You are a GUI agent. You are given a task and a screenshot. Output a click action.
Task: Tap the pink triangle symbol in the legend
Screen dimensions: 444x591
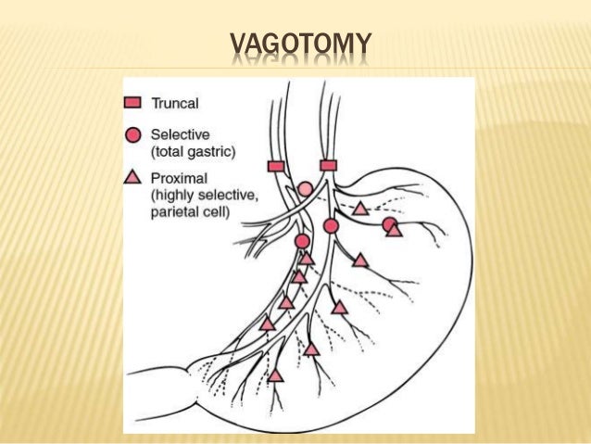(133, 177)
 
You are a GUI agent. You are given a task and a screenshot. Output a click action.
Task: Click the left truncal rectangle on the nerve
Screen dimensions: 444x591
(275, 166)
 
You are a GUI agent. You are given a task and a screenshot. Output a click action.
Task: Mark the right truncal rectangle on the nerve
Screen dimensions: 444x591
(328, 165)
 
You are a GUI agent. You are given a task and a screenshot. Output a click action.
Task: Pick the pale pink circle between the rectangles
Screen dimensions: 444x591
(305, 189)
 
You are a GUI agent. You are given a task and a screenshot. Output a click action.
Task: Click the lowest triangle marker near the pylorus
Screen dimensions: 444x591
(275, 375)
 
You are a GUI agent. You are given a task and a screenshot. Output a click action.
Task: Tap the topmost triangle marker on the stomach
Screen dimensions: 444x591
(360, 209)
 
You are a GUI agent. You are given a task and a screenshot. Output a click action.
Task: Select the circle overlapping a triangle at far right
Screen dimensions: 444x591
(389, 223)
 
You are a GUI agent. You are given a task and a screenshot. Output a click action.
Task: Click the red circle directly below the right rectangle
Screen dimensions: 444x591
(331, 225)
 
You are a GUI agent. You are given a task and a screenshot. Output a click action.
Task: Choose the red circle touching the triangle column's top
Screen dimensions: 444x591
(302, 241)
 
